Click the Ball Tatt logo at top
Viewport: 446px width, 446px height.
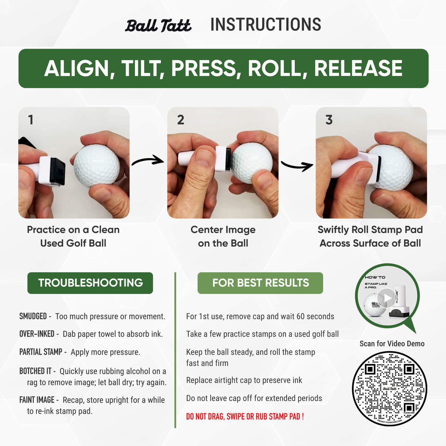click(158, 25)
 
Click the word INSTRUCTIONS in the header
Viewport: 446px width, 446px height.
click(265, 25)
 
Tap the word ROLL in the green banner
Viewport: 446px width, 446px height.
click(277, 68)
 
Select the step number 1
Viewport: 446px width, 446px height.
click(30, 120)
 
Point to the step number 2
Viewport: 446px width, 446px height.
click(180, 120)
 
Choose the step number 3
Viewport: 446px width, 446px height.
click(329, 120)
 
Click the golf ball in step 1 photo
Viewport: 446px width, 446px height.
click(97, 165)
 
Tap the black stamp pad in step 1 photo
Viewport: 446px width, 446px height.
click(57, 171)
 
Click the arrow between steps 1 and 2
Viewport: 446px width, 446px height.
click(148, 161)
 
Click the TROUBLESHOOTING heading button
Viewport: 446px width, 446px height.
click(90, 283)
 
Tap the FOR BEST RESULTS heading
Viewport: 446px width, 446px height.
click(260, 283)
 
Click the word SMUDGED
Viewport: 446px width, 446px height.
click(33, 316)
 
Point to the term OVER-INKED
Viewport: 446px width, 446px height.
click(37, 334)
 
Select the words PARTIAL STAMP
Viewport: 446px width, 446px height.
click(41, 352)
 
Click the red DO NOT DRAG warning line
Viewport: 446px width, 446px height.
click(245, 416)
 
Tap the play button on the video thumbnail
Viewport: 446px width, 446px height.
click(387, 298)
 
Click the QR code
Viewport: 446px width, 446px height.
click(389, 389)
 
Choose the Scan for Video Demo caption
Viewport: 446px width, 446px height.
click(392, 343)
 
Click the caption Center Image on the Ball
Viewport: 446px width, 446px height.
click(223, 236)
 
